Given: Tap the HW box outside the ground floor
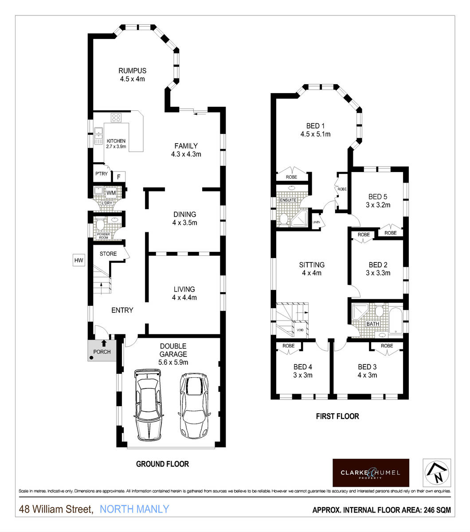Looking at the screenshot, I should click(79, 260).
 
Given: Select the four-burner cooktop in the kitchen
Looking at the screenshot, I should click(117, 117).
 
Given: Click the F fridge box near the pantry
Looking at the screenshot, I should click(118, 177).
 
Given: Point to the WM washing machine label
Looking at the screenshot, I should click(111, 193).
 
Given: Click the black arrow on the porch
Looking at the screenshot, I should click(104, 343).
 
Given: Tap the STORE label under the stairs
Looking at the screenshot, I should click(108, 254).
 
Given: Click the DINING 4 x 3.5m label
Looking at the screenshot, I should click(185, 219).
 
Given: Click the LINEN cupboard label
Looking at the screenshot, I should click(316, 222).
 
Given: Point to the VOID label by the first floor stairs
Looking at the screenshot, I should click(300, 330).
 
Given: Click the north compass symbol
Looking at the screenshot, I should click(437, 473).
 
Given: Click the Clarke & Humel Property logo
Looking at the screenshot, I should click(371, 473).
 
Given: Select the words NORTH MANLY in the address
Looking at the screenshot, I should click(134, 509).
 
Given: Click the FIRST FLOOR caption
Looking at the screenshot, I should click(337, 416).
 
